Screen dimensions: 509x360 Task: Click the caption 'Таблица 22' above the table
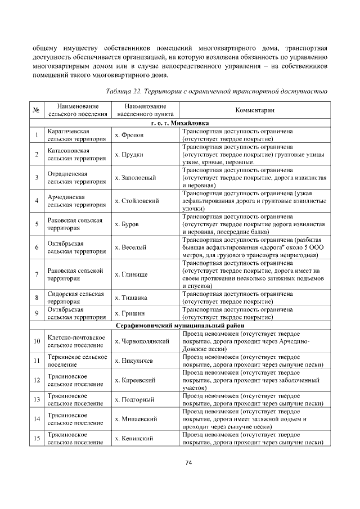point(216,91)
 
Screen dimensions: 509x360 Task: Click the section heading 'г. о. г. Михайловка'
point(180,123)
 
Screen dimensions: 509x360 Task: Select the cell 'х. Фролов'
point(129,135)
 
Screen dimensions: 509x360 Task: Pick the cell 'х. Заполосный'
point(135,178)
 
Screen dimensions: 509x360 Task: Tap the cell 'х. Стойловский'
point(137,201)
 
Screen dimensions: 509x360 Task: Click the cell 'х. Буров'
point(127,224)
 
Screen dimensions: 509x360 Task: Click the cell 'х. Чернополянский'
point(142,341)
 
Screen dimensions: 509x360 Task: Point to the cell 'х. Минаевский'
point(136,418)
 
